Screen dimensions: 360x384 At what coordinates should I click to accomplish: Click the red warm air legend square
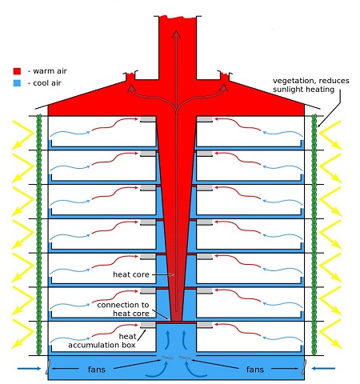(x=17, y=71)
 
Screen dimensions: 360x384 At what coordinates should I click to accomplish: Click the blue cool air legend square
(x=17, y=83)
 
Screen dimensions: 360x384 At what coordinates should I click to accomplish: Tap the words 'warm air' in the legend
(x=50, y=71)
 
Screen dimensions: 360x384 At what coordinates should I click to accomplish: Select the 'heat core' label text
(x=131, y=274)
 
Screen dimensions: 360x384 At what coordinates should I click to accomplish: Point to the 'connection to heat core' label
(x=123, y=309)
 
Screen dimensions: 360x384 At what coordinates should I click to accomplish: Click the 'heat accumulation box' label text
(x=102, y=341)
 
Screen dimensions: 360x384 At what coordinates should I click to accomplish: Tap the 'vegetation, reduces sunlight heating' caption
(x=311, y=85)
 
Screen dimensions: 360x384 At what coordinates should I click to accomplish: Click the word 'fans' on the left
(x=97, y=370)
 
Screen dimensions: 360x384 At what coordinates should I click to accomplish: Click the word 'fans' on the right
(x=255, y=370)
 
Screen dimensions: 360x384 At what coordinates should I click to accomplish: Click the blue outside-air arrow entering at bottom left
(x=30, y=369)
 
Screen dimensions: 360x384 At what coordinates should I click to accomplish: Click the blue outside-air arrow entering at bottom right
(x=323, y=369)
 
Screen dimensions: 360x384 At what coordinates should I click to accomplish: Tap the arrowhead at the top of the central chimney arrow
(x=176, y=34)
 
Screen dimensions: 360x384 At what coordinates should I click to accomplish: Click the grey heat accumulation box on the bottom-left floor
(x=148, y=325)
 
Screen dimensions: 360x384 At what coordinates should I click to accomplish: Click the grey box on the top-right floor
(x=204, y=119)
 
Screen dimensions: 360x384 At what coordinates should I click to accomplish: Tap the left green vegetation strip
(x=39, y=234)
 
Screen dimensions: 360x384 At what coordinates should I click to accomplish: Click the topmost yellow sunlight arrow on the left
(x=22, y=134)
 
